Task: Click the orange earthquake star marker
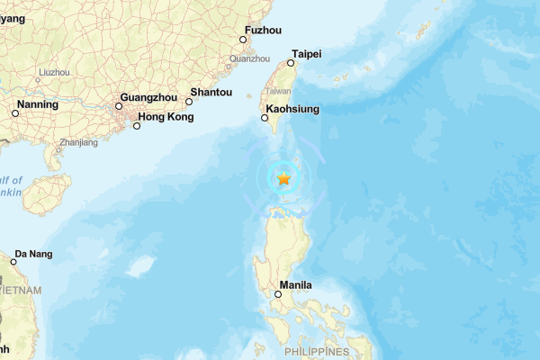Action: [283, 178]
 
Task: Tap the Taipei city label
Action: [306, 53]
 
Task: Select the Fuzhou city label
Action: [263, 29]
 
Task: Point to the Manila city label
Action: [296, 285]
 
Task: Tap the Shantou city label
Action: [211, 91]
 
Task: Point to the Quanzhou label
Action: [250, 58]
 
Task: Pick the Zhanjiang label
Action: [78, 142]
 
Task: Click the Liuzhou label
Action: [54, 71]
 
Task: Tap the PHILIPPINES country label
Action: [316, 350]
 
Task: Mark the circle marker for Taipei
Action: [291, 63]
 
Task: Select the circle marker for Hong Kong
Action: [137, 126]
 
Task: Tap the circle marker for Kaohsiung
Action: [265, 118]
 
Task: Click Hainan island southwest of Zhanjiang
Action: [49, 193]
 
